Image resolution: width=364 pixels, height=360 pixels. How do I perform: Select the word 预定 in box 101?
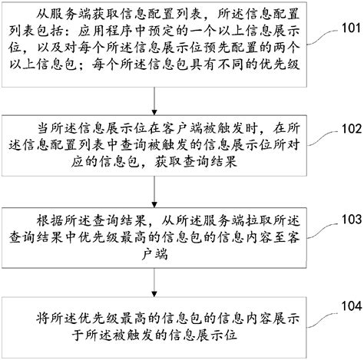pyautogui.click(x=171, y=35)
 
